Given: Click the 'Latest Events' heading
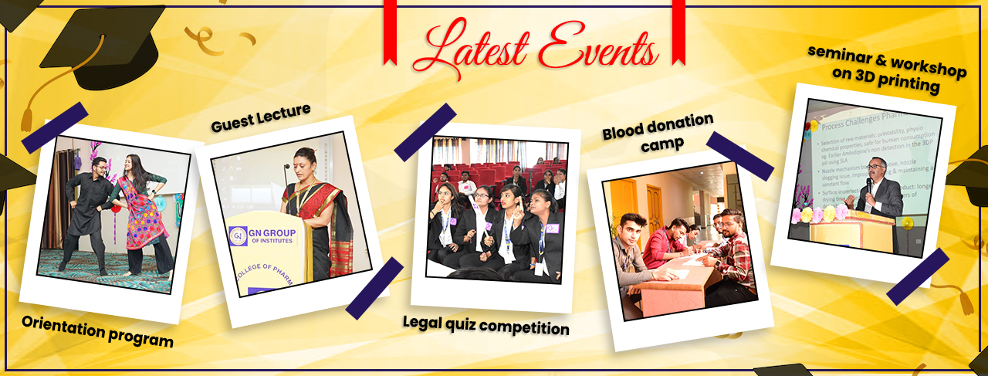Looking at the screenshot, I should click(x=535, y=48).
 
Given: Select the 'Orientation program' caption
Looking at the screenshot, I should click(x=97, y=331).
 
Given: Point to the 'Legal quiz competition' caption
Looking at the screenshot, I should click(x=486, y=325).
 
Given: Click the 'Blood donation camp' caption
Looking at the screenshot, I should click(x=658, y=130).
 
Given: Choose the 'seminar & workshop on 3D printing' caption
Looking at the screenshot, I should click(x=887, y=68).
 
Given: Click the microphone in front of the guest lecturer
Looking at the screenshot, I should click(x=287, y=176).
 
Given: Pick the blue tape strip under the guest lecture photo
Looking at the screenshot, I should click(x=374, y=288).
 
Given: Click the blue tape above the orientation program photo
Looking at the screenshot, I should click(x=54, y=127).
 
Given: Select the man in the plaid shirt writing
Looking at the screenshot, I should click(x=731, y=255).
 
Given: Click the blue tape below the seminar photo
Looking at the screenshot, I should click(x=918, y=276).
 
